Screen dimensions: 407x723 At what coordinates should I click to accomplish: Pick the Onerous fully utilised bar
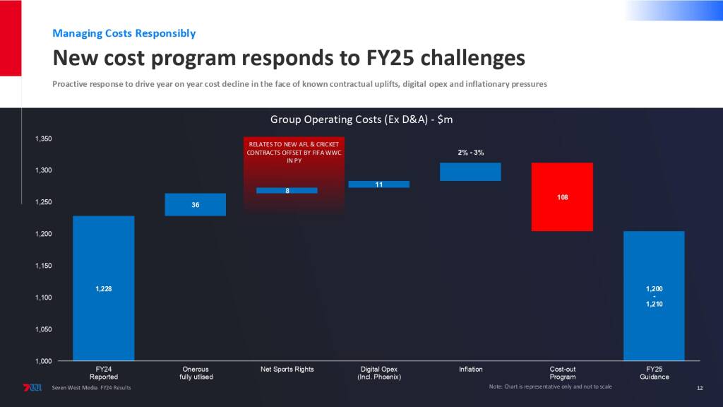[195, 204]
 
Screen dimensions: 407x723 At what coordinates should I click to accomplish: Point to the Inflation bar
[470, 172]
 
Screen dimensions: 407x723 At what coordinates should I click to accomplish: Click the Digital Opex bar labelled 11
[378, 184]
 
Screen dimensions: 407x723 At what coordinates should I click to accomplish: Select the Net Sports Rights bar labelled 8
[287, 190]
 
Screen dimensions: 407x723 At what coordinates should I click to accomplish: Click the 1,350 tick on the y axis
[43, 139]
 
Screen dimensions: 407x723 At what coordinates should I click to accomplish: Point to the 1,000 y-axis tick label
[43, 361]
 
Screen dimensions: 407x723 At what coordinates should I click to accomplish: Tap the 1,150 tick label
[43, 266]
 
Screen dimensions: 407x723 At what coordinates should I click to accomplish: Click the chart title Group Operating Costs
[361, 119]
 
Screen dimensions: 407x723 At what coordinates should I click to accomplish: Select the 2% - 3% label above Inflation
[471, 153]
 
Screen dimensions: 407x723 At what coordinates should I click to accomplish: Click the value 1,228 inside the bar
[103, 288]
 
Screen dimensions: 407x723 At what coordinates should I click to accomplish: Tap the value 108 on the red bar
[562, 197]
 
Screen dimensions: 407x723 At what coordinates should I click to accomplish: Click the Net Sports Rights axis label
[287, 370]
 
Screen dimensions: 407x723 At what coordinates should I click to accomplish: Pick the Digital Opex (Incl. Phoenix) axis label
[379, 373]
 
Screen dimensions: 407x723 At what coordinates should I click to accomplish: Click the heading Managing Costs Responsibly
[124, 33]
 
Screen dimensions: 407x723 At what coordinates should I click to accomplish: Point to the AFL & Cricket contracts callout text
[294, 152]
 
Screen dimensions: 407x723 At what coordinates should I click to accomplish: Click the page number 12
[700, 388]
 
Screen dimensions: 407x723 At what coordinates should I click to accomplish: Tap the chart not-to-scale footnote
[550, 387]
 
